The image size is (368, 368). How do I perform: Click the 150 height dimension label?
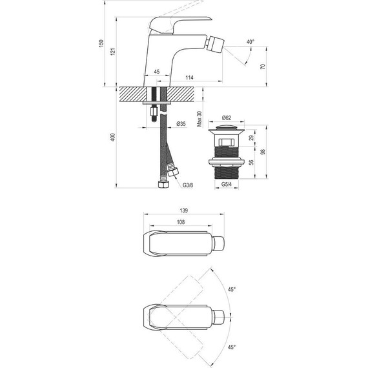(101, 43)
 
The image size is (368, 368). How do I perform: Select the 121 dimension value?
(114, 52)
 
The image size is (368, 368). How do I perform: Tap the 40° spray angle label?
(250, 42)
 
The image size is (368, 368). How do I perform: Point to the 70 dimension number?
(263, 66)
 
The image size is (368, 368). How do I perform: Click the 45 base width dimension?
(156, 72)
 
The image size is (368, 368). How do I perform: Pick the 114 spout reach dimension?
(189, 77)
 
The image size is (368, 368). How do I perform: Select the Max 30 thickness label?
(199, 119)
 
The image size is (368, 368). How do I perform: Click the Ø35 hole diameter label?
(181, 124)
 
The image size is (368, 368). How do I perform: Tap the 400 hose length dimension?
(113, 138)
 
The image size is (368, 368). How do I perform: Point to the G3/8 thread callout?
(188, 185)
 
